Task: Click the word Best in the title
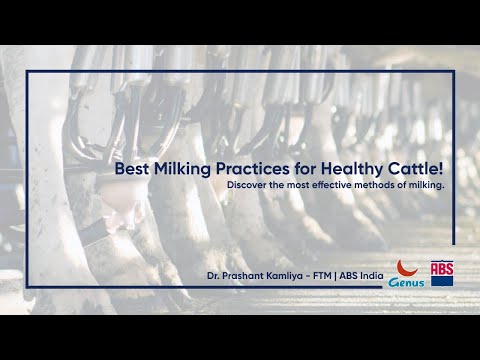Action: (x=130, y=170)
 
